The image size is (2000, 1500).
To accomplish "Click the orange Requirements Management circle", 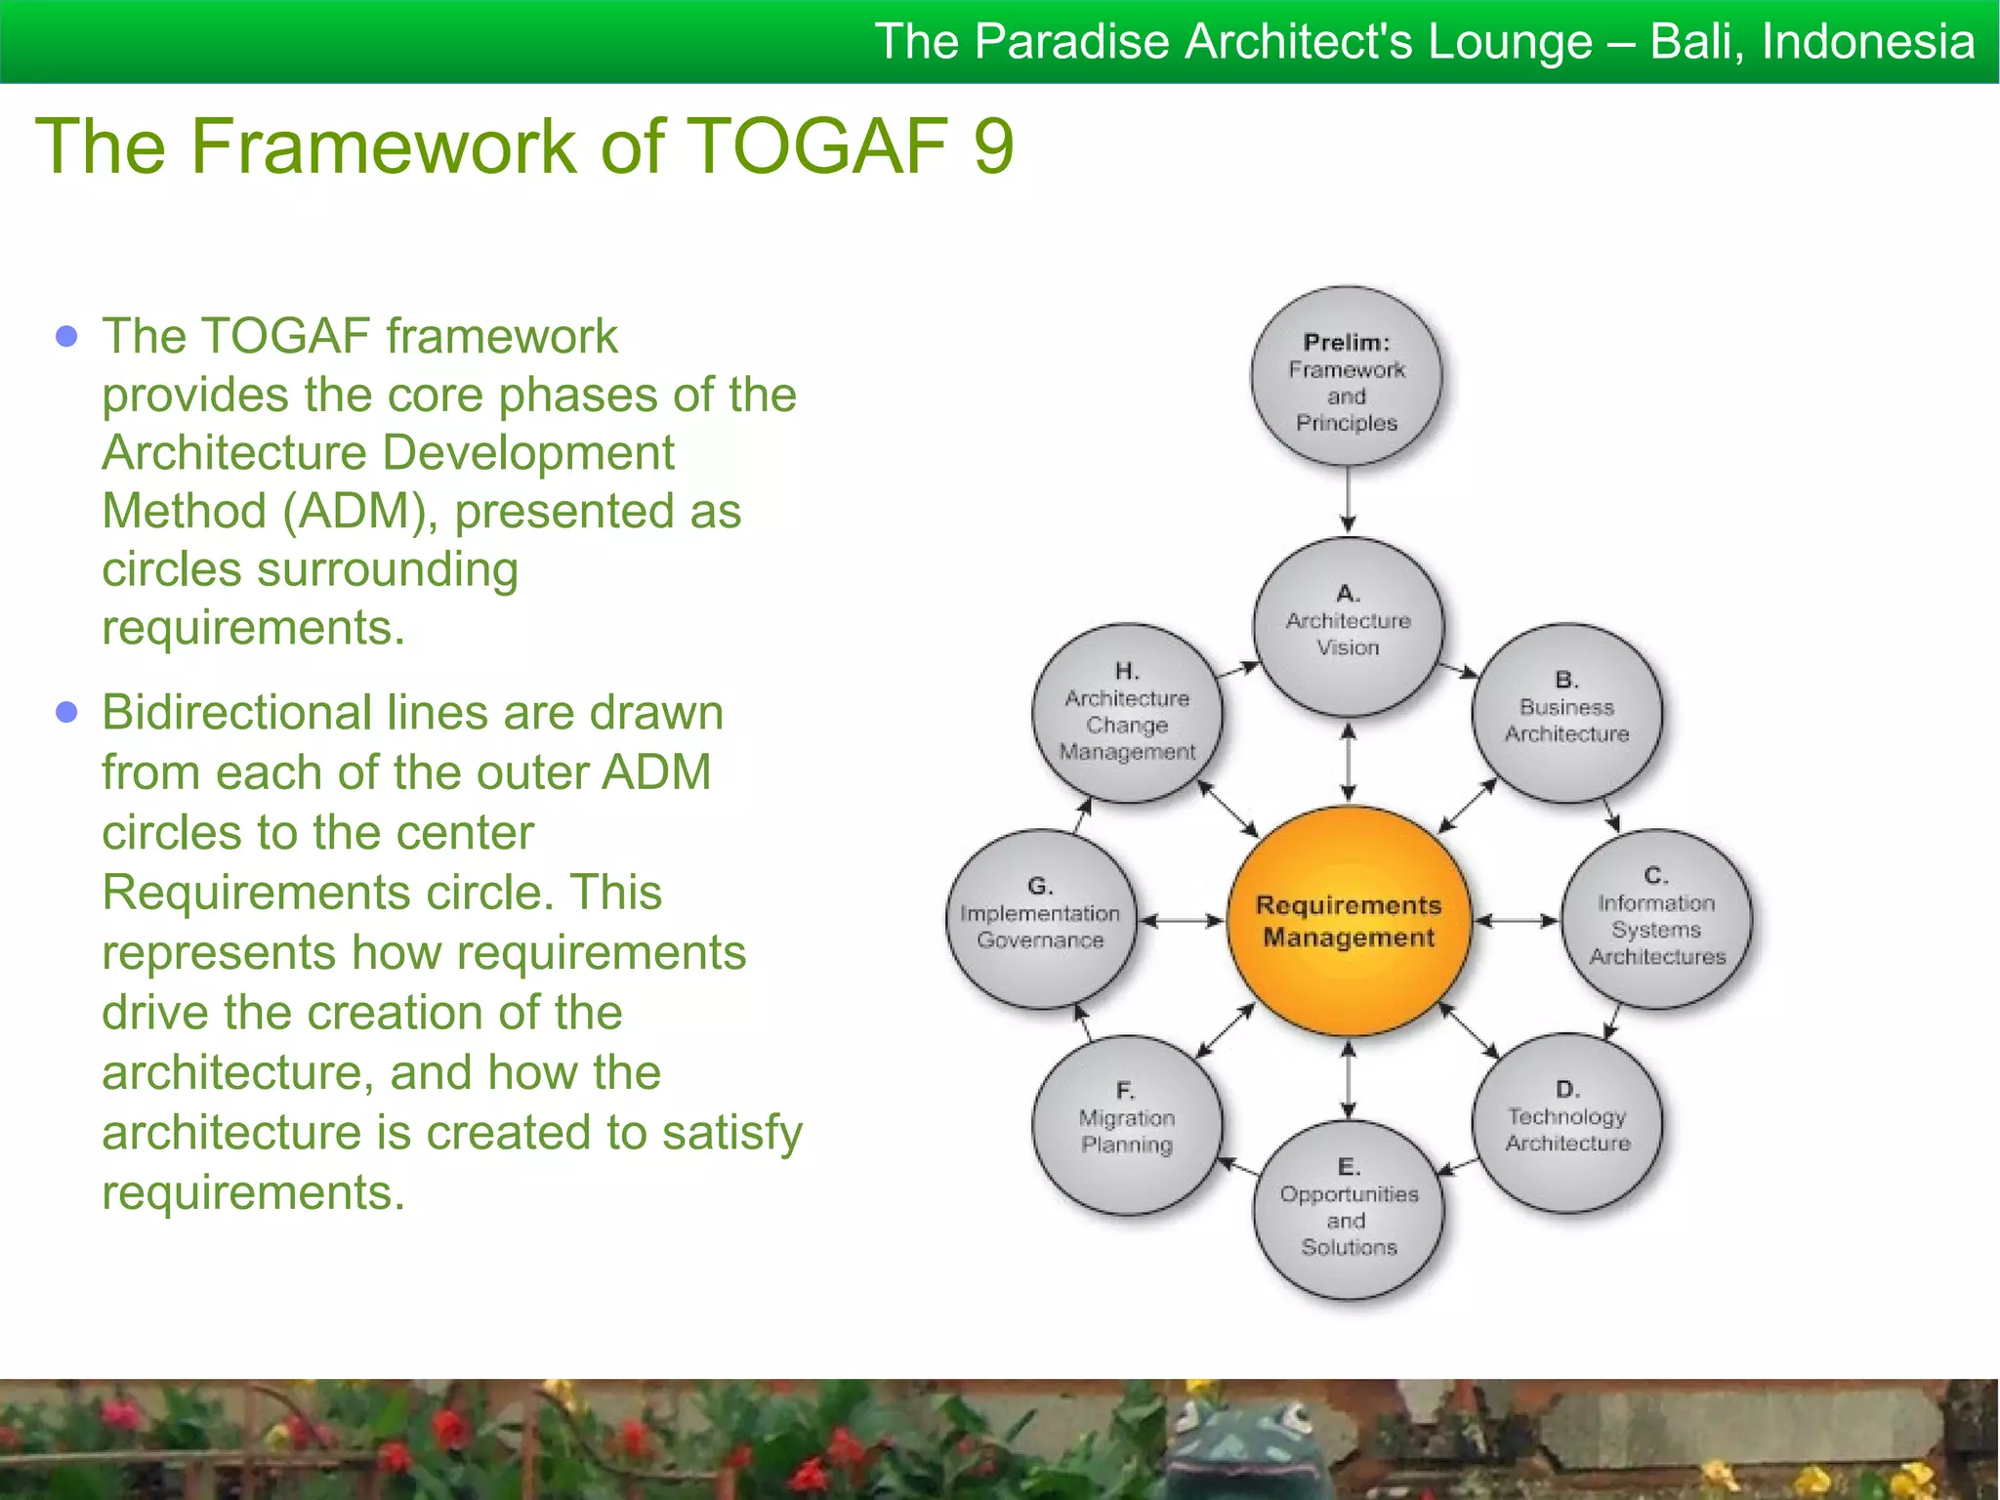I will [x=1348, y=921].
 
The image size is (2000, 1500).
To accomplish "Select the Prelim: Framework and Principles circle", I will [x=1347, y=377].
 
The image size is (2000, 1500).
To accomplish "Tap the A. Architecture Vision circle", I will [x=1348, y=626].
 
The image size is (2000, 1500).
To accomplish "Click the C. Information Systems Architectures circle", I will [x=1656, y=919].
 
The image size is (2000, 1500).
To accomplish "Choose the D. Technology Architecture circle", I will [x=1566, y=1122].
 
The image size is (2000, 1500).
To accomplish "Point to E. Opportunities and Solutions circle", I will [x=1348, y=1209].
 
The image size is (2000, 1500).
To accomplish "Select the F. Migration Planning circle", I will [x=1127, y=1123].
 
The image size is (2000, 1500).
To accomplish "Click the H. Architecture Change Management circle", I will [x=1127, y=714].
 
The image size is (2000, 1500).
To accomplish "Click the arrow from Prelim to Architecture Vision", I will [x=1348, y=499].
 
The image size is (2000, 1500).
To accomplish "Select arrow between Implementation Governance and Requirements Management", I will [x=1182, y=920].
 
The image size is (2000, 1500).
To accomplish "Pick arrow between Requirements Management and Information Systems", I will [x=1516, y=920].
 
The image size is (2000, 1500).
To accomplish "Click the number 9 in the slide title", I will [x=993, y=146].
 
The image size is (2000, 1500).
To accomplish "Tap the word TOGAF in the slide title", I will [x=818, y=146].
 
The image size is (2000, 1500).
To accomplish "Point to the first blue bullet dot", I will [x=66, y=337].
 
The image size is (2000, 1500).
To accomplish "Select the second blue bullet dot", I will [x=66, y=712].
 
